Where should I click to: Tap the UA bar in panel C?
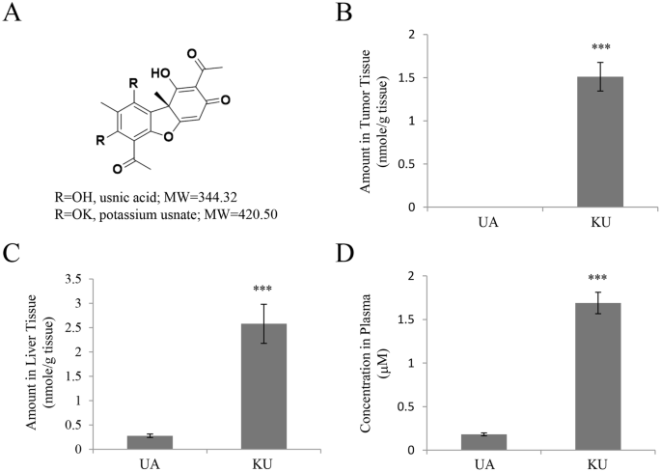point(143,442)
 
